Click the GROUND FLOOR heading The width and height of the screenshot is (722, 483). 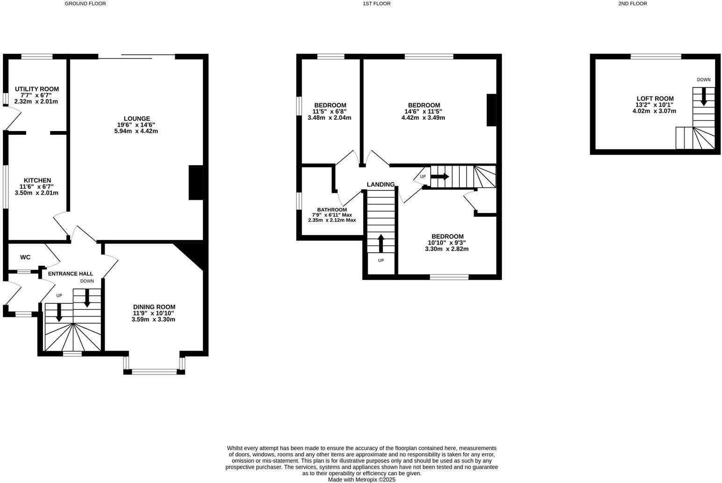click(85, 4)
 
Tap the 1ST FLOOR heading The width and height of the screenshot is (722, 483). click(376, 4)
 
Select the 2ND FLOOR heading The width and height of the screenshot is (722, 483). click(633, 4)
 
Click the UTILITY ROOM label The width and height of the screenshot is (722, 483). click(37, 89)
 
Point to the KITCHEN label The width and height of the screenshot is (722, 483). click(37, 180)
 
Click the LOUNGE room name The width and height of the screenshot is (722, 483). click(137, 118)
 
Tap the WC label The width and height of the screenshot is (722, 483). click(25, 257)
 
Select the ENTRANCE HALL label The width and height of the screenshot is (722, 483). click(71, 273)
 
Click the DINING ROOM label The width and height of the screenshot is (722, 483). click(154, 307)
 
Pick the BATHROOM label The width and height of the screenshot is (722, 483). click(332, 210)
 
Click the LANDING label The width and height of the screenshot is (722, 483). click(381, 184)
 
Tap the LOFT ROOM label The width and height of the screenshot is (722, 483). click(655, 98)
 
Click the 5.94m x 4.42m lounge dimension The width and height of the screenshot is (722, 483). click(136, 131)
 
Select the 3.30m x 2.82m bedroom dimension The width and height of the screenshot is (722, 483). click(447, 249)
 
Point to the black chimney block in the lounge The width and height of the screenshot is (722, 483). click(195, 183)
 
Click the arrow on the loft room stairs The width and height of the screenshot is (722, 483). click(704, 96)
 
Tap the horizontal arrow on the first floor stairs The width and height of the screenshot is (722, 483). click(440, 176)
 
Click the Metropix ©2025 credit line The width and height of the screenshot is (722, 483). click(361, 479)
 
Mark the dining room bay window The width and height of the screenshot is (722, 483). click(154, 372)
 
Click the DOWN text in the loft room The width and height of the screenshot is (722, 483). click(704, 80)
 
